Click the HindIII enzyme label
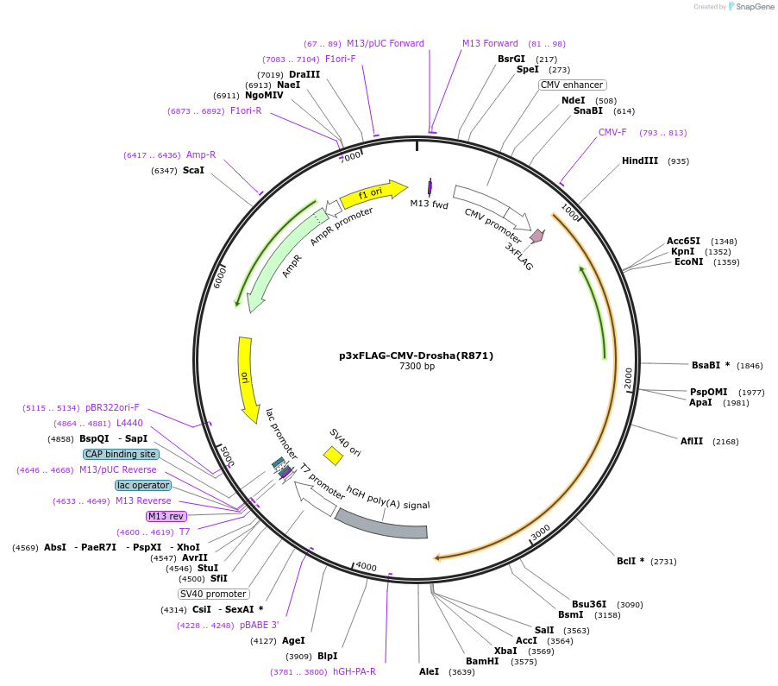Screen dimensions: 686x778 click(x=639, y=161)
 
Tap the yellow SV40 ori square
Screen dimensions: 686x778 click(x=333, y=455)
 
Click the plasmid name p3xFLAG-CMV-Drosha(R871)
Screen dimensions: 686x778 click(x=416, y=355)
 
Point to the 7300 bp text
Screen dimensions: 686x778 click(x=417, y=367)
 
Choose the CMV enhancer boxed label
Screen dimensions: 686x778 click(x=573, y=85)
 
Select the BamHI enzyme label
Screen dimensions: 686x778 click(x=482, y=661)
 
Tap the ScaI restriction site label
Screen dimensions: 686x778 click(x=193, y=171)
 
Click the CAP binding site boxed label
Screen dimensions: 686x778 click(x=121, y=454)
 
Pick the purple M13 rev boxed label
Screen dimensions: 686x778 click(x=166, y=516)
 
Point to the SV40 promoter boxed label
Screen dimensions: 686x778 click(x=214, y=594)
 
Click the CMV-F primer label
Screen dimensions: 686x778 click(x=612, y=133)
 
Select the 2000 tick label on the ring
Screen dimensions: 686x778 click(x=629, y=378)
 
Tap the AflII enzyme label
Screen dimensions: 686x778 click(x=692, y=441)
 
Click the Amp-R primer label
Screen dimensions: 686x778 click(x=201, y=155)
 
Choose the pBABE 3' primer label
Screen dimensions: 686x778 click(x=260, y=625)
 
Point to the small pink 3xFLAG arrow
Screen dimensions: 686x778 click(x=536, y=236)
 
